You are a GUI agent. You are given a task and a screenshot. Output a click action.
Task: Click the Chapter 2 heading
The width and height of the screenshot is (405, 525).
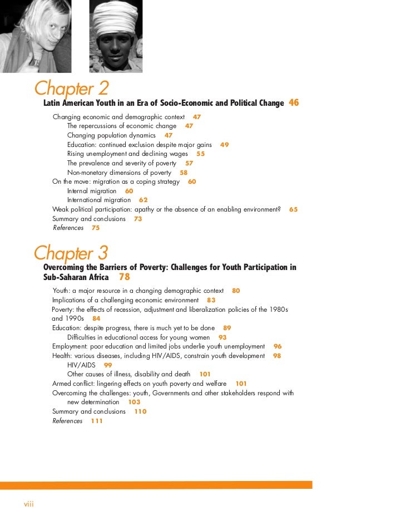pos(71,89)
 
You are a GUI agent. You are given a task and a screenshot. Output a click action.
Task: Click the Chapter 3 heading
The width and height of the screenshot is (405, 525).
pos(71,253)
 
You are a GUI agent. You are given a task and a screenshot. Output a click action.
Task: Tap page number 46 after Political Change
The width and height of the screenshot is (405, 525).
pos(294,103)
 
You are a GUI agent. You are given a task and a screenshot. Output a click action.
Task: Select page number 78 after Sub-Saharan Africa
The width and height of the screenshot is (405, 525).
pos(125,277)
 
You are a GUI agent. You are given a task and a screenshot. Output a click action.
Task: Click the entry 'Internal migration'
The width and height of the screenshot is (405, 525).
pos(92,190)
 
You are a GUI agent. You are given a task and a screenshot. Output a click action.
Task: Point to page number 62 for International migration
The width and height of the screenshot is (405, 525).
pos(144,200)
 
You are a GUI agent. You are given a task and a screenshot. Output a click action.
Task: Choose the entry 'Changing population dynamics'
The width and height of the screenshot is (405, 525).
pos(111,135)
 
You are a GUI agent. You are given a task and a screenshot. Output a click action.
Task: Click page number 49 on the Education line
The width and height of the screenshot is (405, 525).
pos(224,145)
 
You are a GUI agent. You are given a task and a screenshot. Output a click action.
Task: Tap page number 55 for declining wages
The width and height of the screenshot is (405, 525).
pos(200,154)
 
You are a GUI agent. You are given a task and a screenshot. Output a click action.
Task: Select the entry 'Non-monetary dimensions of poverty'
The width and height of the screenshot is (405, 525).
pos(119,173)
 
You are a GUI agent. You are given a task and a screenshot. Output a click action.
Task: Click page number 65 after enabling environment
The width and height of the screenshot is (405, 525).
pos(293,209)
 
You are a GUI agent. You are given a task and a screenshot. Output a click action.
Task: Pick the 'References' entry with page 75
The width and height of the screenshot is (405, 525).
pos(68,228)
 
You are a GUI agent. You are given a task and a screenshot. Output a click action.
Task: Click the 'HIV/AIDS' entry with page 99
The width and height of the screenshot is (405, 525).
pos(81,365)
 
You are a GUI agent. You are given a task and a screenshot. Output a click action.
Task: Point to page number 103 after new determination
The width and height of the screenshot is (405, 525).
pos(134,402)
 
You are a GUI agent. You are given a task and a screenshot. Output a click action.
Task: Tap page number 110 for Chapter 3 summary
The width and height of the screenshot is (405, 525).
pos(140,411)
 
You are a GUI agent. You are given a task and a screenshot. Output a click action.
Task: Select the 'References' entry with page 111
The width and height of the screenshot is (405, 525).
pos(67,421)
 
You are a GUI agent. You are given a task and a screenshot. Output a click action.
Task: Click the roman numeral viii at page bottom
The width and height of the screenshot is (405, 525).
pos(29,504)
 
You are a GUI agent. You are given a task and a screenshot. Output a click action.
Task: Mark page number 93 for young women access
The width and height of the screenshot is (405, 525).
pos(223,337)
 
